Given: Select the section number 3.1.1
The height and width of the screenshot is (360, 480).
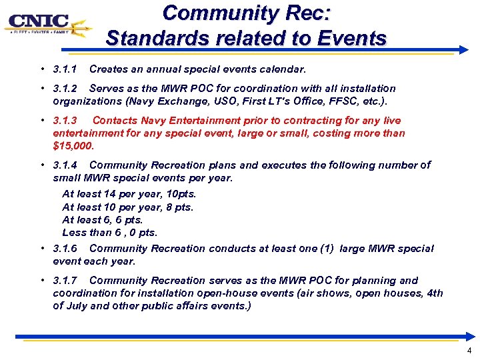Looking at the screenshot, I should tap(65, 69).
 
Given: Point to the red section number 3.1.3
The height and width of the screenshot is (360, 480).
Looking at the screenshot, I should tap(65, 121).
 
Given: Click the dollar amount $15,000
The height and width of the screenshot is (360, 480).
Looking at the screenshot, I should tap(73, 145).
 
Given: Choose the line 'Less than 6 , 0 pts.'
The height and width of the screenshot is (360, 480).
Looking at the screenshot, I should tap(109, 233).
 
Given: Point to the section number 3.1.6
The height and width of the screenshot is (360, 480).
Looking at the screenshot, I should tap(65, 249).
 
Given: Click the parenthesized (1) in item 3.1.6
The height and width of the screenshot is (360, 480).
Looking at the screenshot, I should tap(326, 249).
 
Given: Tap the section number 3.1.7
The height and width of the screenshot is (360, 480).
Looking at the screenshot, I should tap(65, 281).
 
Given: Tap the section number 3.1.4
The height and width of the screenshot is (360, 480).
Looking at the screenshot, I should tap(65, 165).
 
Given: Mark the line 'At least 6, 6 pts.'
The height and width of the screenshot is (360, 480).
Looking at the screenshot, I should tap(102, 220).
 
